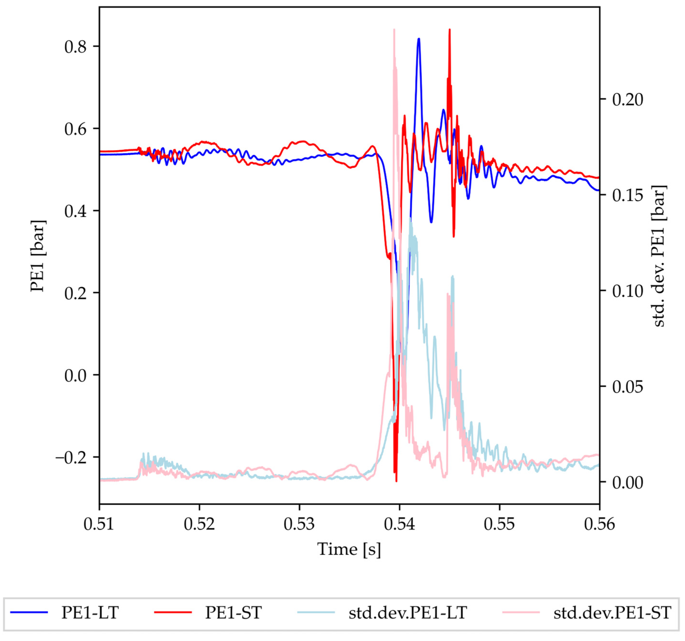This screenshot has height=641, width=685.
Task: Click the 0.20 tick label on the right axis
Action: click(627, 100)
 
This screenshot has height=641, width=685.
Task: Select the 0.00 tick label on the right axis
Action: click(627, 483)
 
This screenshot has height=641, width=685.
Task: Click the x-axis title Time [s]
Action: click(349, 549)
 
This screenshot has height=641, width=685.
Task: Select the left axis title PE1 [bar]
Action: click(38, 256)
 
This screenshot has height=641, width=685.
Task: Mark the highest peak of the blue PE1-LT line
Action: click(419, 39)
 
